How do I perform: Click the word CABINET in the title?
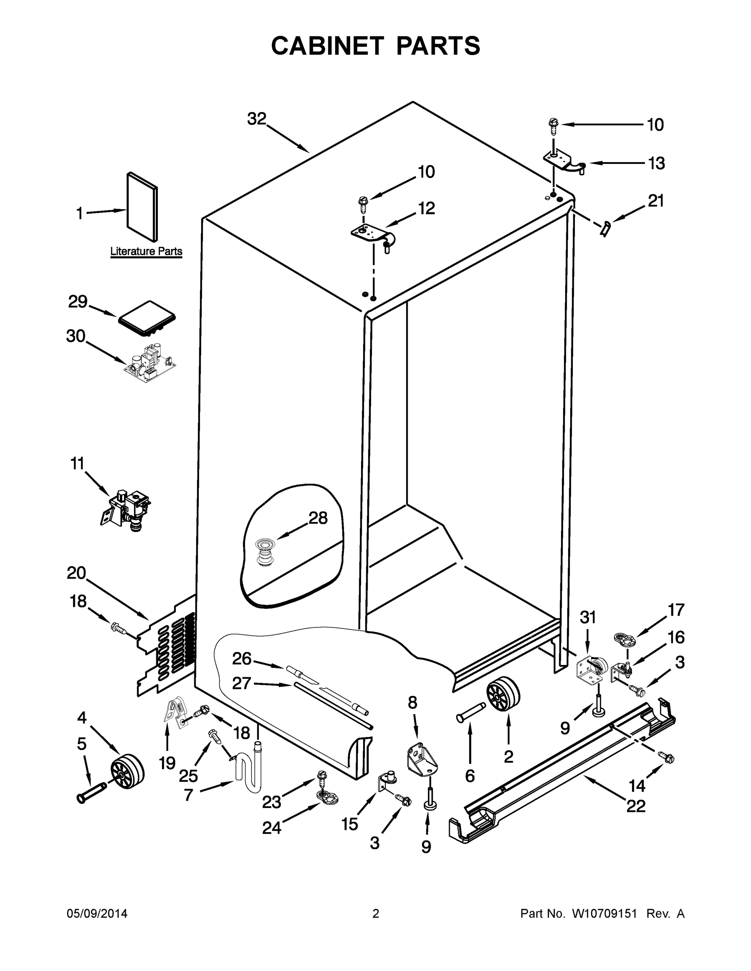click(328, 46)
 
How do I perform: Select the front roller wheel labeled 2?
click(503, 695)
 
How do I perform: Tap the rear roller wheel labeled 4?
click(127, 771)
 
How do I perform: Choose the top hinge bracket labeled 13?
click(562, 162)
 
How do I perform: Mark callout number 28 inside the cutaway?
click(318, 518)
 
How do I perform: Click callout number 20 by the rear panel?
click(76, 573)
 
